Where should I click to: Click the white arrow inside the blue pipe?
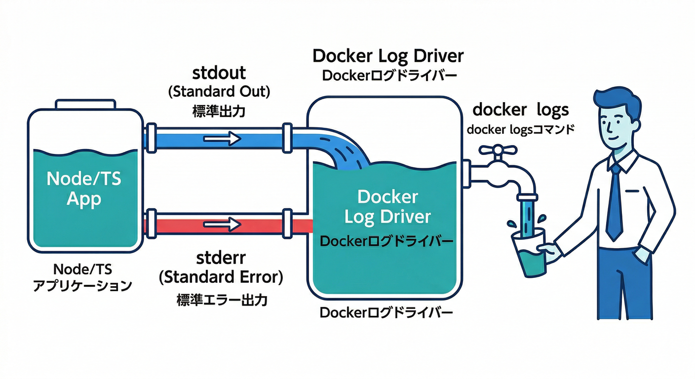pyautogui.click(x=222, y=139)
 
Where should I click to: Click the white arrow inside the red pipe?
pyautogui.click(x=222, y=225)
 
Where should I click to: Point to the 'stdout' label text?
pyautogui.click(x=219, y=73)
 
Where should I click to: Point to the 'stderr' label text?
pyautogui.click(x=219, y=258)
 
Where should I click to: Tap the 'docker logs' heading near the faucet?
pyautogui.click(x=521, y=110)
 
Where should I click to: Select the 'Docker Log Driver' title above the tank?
pyautogui.click(x=388, y=56)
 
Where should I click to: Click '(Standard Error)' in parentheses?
pyautogui.click(x=221, y=278)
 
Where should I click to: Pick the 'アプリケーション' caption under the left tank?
pyautogui.click(x=82, y=285)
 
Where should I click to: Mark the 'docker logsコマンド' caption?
pyautogui.click(x=520, y=130)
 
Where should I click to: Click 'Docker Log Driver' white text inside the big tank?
pyautogui.click(x=387, y=207)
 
